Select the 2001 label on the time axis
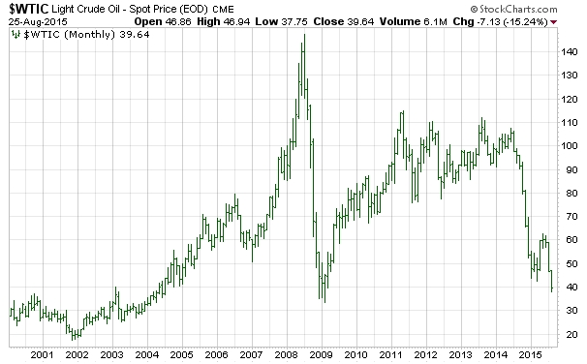coord(41,354)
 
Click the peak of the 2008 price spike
coord(303,35)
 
